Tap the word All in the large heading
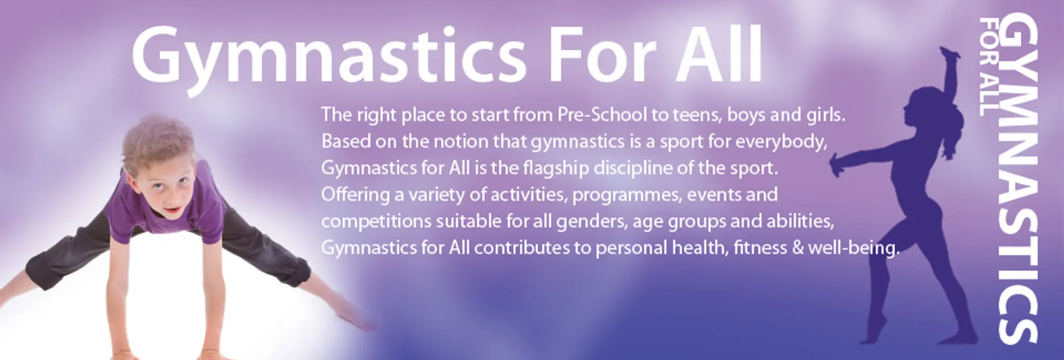[x=719, y=54]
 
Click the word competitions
[x=376, y=222]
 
